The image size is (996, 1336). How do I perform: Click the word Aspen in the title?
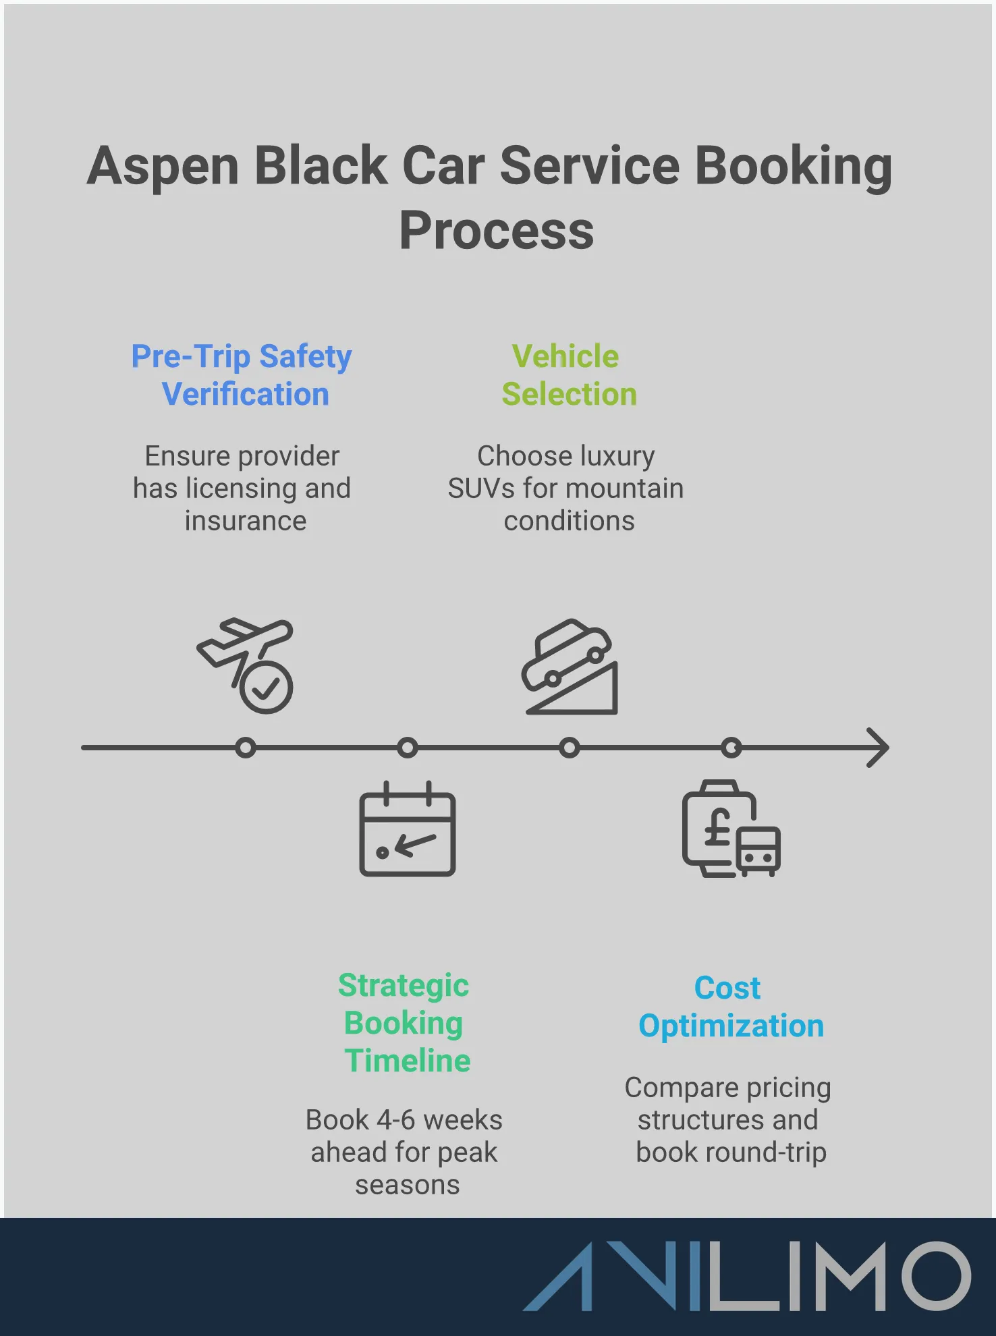pos(163,167)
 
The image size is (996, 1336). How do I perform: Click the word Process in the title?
pos(496,231)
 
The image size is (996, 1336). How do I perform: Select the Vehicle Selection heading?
pos(568,375)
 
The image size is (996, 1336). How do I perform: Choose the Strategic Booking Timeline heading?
pos(405,1023)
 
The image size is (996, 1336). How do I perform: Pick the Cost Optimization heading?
pos(730,1007)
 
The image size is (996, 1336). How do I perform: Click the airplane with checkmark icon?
pos(247,665)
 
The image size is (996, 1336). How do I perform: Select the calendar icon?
pos(407,830)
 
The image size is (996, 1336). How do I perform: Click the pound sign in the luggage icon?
pos(718,827)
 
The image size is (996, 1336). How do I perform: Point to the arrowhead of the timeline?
pos(879,748)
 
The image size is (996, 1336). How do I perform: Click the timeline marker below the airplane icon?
pos(246,748)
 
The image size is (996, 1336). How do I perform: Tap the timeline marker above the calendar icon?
pos(408,748)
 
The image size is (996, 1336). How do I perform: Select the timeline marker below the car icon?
pos(570,748)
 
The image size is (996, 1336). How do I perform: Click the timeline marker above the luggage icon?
pos(731,748)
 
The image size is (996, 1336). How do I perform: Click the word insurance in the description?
pos(246,521)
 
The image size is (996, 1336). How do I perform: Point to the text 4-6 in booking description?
pos(395,1120)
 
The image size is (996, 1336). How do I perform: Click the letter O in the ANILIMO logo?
pos(935,1276)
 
